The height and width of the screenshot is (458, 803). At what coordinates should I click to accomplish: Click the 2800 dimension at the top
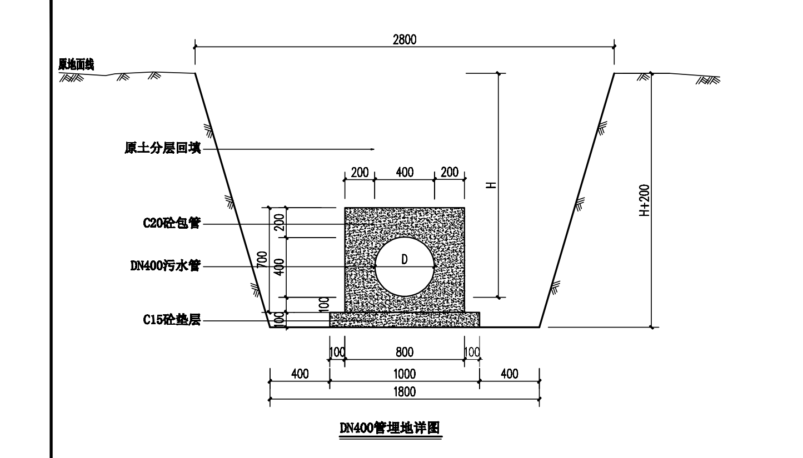pos(405,40)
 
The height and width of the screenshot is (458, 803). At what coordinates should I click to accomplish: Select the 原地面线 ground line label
pos(76,64)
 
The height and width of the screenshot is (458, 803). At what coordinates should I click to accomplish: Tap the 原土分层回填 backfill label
pos(163,148)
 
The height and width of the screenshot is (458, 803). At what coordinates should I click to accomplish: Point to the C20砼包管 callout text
pos(172,223)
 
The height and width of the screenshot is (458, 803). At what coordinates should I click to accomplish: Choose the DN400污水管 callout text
pos(165,266)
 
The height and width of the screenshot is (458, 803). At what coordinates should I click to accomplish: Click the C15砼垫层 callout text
pos(172,319)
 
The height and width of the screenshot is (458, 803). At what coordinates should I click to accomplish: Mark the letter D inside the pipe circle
pos(405,259)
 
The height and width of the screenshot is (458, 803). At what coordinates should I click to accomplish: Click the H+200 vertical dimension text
pos(644,200)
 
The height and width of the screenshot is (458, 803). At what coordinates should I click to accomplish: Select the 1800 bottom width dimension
pos(405,392)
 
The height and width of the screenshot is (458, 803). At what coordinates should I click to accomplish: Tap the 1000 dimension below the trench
pos(405,374)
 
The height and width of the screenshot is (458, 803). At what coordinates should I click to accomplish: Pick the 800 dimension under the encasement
pos(405,353)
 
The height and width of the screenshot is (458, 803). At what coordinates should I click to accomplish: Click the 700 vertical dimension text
pos(262,260)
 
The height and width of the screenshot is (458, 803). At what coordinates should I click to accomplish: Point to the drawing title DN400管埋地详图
pos(390,427)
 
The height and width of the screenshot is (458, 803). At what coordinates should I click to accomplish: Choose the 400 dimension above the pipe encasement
pos(405,172)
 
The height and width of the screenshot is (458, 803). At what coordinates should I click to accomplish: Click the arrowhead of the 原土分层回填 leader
pos(373,149)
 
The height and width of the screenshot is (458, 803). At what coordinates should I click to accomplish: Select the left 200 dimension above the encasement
pos(360,172)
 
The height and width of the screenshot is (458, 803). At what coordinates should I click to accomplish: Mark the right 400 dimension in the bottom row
pos(509,374)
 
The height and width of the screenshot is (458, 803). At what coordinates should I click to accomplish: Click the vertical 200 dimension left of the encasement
pos(280,222)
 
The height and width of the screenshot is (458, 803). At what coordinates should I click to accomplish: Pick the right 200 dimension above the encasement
pos(450,172)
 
